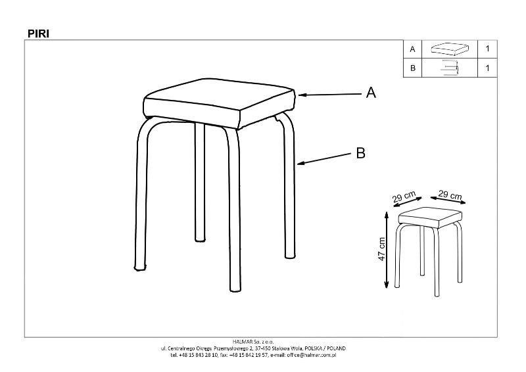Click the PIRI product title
coord(38,34)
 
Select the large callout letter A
coord(371,92)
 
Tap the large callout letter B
coord(360,152)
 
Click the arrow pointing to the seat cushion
coord(330,95)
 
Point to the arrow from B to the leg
coord(324,159)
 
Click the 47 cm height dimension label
coord(381,249)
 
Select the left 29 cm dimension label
coord(404,197)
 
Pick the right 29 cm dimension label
coord(450,195)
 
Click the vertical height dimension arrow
coord(387,250)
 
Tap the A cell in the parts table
coord(412,49)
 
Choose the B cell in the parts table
coord(412,68)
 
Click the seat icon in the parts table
coord(449,49)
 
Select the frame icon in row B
coord(449,68)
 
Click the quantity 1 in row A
coord(487,49)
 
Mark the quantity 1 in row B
coord(487,68)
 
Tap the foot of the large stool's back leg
coord(200,239)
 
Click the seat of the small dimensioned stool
coord(430,218)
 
